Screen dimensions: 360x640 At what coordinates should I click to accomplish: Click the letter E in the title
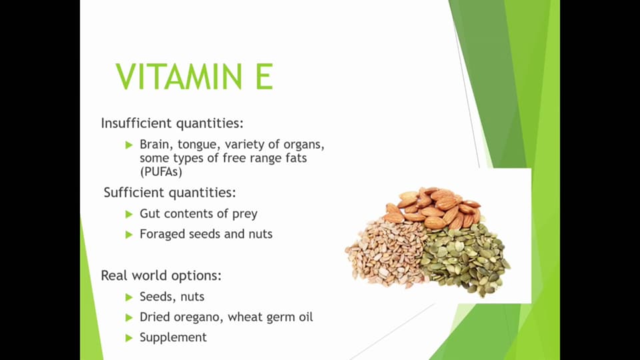click(262, 77)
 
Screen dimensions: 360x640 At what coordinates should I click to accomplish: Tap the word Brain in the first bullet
click(155, 144)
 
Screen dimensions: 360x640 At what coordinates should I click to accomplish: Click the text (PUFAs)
click(161, 171)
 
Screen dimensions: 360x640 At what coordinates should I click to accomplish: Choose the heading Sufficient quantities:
click(169, 193)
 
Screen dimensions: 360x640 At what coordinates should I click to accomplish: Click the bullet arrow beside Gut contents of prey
click(129, 214)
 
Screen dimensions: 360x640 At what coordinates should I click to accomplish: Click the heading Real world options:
click(161, 275)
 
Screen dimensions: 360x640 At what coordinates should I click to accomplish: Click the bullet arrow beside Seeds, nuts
click(129, 297)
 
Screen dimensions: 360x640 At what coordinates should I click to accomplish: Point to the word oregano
click(199, 317)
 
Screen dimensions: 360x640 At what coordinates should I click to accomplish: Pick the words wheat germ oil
click(271, 317)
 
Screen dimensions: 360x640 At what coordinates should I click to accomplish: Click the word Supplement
click(173, 337)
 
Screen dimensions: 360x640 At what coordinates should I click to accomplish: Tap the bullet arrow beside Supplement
click(129, 338)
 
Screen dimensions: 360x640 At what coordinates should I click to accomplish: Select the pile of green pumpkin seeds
click(467, 257)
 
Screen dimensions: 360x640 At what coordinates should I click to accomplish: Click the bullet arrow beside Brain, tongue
click(129, 145)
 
